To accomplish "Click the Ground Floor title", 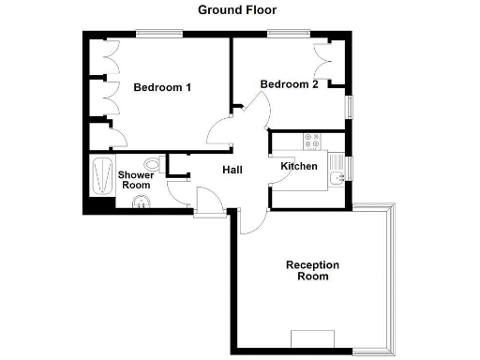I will coord(236,10).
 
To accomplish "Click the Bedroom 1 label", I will coord(162,88).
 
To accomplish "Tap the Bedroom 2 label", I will coord(289,84).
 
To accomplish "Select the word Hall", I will coord(232,170).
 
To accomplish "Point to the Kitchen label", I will coord(299,167).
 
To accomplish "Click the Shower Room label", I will coord(136,180).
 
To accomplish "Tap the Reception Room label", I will coord(312,271).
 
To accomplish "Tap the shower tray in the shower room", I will coord(100,176).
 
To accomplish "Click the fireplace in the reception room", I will coord(312,339).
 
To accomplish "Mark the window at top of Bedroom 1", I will coord(159,34).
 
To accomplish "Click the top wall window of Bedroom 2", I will coord(280,34).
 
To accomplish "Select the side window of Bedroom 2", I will coord(351,106).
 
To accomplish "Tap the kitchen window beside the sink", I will coord(351,170).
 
